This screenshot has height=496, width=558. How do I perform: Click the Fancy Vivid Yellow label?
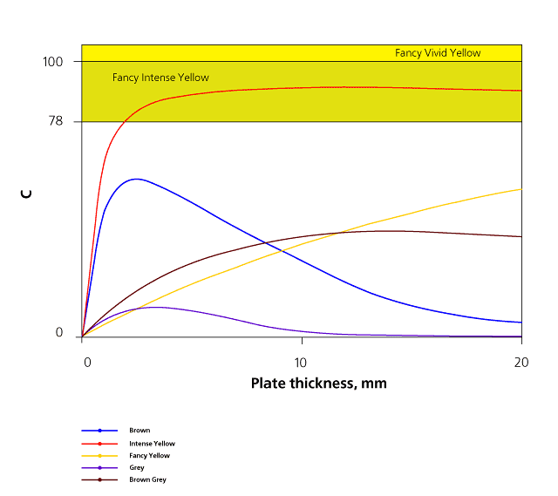438,53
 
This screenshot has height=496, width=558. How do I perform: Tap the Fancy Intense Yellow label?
160,78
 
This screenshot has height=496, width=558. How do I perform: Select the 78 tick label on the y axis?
56,121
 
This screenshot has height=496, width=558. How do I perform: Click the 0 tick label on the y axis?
59,333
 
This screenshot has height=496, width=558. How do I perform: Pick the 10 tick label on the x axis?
301,362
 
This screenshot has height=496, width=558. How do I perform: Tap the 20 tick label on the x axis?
521,362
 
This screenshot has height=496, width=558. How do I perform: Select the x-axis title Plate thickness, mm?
318,384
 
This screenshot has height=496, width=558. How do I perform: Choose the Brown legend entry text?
139,431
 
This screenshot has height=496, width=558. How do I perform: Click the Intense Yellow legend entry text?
152,444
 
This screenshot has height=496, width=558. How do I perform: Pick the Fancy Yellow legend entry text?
149,456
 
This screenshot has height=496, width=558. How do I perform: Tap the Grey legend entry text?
137,468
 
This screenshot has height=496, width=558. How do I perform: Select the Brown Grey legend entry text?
147,480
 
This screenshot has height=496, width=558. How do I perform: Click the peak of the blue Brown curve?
136,179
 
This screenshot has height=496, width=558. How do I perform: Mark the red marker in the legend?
100,443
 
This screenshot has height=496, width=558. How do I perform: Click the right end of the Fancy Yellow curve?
521,189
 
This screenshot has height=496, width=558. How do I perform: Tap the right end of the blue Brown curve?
521,323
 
